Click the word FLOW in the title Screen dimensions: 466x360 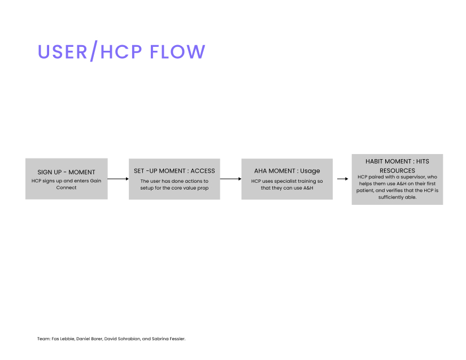click(x=177, y=52)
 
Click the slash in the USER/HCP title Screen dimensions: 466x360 click(x=94, y=51)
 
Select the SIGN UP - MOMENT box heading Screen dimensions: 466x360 click(x=66, y=172)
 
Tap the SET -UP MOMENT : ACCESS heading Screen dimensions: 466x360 click(x=174, y=171)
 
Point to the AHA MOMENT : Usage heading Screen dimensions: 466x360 click(x=287, y=171)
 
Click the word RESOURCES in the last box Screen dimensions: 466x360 click(x=397, y=170)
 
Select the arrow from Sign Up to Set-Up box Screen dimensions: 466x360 click(x=118, y=179)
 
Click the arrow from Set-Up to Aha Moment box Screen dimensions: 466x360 click(x=230, y=179)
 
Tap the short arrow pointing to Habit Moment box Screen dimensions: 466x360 click(x=342, y=179)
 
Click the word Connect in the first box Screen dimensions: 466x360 click(x=66, y=187)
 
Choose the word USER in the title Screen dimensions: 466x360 click(x=62, y=52)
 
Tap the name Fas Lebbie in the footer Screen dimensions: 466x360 click(x=63, y=339)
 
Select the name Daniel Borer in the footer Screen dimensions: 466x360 click(x=89, y=339)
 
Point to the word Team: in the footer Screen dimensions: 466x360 click(x=43, y=339)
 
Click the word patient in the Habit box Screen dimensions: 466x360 click(x=365, y=191)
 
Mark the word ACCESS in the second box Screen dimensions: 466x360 click(x=203, y=171)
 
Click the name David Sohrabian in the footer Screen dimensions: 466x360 click(x=122, y=339)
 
